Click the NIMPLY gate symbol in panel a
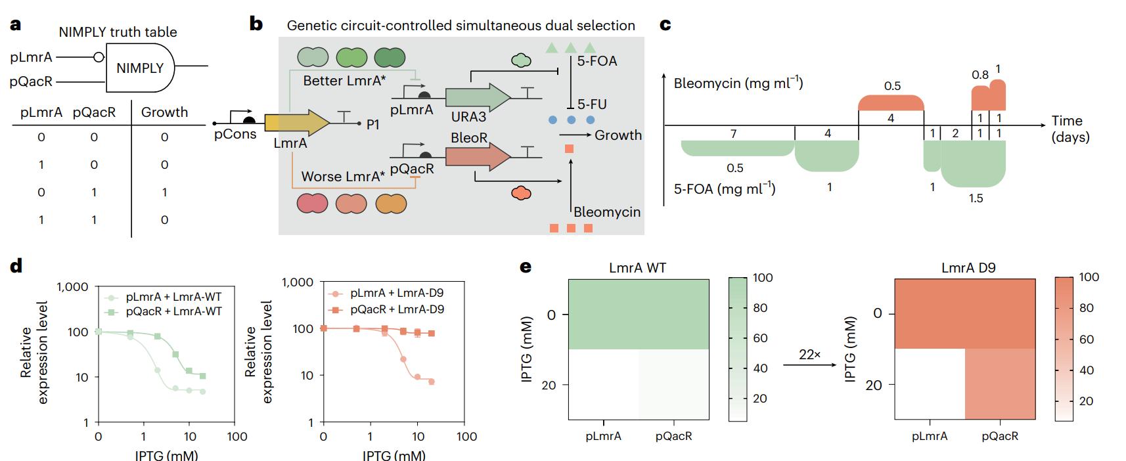pos(139,68)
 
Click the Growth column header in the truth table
pos(164,112)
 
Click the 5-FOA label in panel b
pos(597,62)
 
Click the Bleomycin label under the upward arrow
pos(606,212)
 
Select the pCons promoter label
pos(235,135)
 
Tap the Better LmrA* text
pos(344,81)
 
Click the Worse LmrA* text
pos(343,177)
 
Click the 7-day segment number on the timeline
pos(733,133)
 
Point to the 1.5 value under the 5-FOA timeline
pos(976,198)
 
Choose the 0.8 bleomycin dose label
pos(980,75)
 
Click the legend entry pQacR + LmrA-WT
pos(173,311)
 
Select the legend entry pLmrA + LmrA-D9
pos(397,293)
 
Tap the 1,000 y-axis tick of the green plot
pos(73,287)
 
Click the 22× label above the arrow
pos(809,354)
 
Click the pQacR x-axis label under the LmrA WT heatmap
pos(673,435)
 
